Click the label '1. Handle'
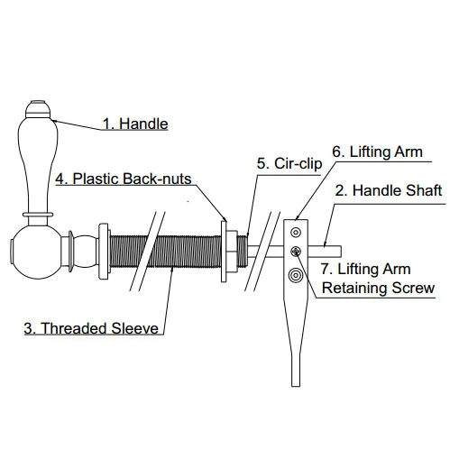tap(134, 124)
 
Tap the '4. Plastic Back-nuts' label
tap(123, 179)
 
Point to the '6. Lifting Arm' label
tap(378, 151)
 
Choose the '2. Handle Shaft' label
tap(389, 191)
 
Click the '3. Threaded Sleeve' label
tap(92, 327)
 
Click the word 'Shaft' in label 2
tap(422, 191)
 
